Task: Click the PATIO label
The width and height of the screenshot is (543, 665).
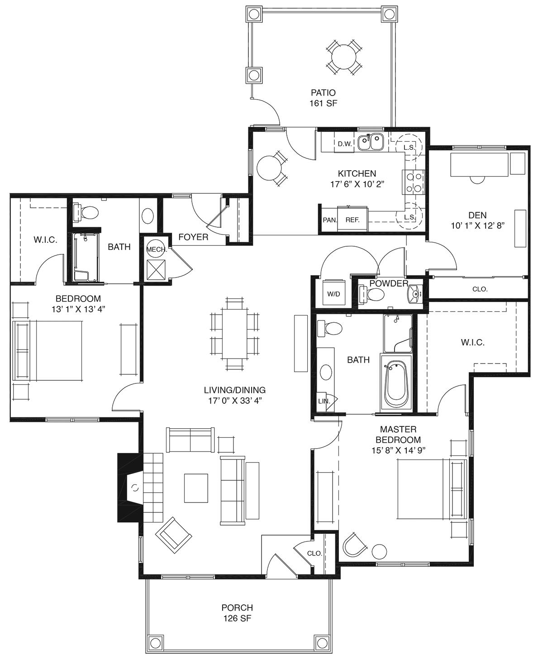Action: point(323,93)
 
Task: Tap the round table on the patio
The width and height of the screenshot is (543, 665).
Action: point(343,57)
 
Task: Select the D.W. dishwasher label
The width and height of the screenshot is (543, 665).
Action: point(344,144)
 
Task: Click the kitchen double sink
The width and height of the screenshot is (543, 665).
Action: point(371,142)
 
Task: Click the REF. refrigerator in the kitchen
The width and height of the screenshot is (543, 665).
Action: point(352,220)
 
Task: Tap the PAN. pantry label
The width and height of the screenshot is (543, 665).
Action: point(329,220)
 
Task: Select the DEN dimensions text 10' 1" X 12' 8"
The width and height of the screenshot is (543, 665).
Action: point(477,226)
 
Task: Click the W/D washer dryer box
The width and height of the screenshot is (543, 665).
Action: point(334,294)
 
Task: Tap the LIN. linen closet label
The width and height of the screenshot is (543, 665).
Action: point(324,402)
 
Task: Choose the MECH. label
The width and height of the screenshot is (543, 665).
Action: point(157,249)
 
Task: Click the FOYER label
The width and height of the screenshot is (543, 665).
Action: point(193,237)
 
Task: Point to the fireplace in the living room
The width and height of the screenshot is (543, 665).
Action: point(130,488)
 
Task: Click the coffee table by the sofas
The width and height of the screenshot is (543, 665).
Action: point(196,488)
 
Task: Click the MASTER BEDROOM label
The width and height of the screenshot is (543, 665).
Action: point(398,434)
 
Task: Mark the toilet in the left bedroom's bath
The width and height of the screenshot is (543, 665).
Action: point(86,213)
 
